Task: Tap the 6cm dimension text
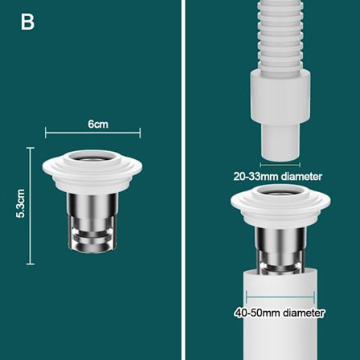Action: pyautogui.click(x=98, y=125)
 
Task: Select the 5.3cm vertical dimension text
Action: pyautogui.click(x=20, y=203)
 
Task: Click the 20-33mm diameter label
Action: pyautogui.click(x=278, y=177)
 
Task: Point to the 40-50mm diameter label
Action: pyautogui.click(x=280, y=313)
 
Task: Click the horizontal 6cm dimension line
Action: pyautogui.click(x=93, y=133)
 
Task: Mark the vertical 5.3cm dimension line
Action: pyautogui.click(x=31, y=206)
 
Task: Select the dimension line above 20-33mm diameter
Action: pyautogui.click(x=280, y=165)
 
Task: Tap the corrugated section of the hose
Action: pyautogui.click(x=279, y=36)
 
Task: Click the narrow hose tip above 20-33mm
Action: pyautogui.click(x=280, y=143)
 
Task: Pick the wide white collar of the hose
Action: pyautogui.click(x=280, y=99)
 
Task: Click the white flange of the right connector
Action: pyautogui.click(x=280, y=206)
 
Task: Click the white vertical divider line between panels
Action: pyautogui.click(x=183, y=180)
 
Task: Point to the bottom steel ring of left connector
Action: pyautogui.click(x=92, y=247)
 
